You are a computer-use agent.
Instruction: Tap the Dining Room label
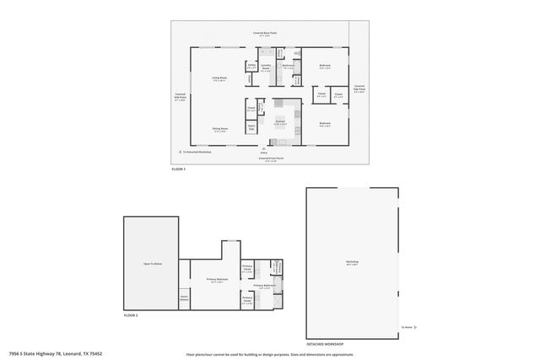219,130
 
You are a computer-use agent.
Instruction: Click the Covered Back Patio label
265,34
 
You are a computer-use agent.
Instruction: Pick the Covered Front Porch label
271,158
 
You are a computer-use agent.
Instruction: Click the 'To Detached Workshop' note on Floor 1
197,152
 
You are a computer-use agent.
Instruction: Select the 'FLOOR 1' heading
178,170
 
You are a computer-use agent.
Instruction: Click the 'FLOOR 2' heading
131,314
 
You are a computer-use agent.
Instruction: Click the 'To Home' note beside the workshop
407,326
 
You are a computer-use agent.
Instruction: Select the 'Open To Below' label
152,264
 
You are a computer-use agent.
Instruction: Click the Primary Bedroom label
217,280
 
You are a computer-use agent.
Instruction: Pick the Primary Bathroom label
264,286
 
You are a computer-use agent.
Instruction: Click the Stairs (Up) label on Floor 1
251,127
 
